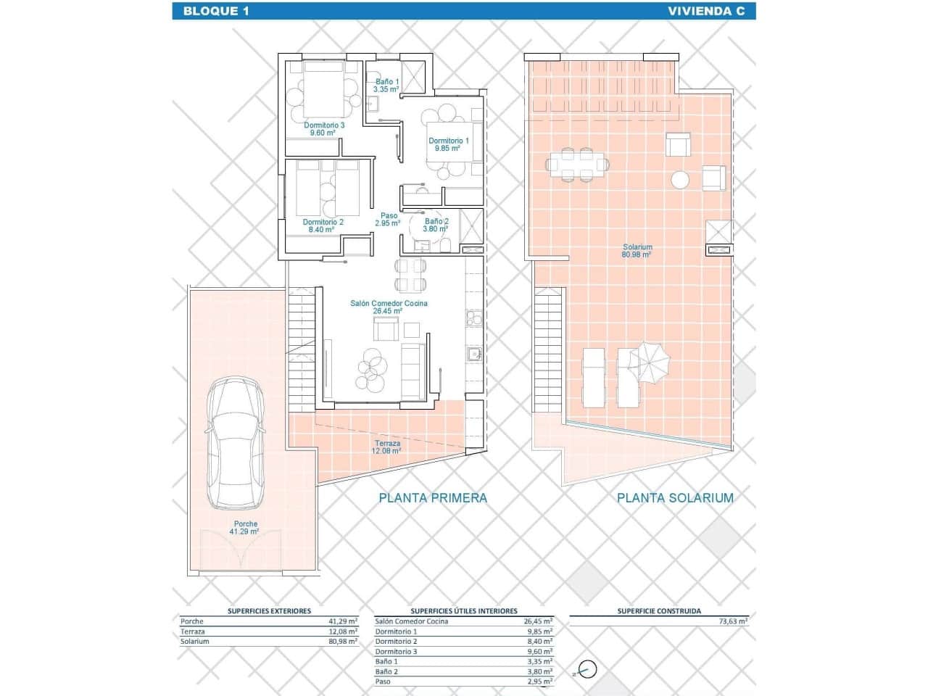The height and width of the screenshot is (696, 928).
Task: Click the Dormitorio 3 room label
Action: [324, 128]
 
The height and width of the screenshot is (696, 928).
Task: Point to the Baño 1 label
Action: [386, 86]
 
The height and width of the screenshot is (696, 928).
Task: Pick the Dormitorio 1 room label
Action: [448, 144]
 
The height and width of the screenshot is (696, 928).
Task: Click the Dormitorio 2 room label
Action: [323, 225]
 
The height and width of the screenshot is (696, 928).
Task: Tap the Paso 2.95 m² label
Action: [389, 219]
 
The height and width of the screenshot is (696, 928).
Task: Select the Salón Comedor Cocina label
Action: [389, 307]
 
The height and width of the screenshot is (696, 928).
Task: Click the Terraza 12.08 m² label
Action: [387, 447]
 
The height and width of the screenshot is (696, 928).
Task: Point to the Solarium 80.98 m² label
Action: [637, 251]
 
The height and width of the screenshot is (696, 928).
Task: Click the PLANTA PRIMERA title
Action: [433, 497]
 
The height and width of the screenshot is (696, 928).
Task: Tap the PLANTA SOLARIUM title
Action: [675, 497]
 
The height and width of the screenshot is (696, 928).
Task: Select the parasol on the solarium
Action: [650, 360]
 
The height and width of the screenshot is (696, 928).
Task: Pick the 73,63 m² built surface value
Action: [732, 621]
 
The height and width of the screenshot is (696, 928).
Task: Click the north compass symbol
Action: [587, 669]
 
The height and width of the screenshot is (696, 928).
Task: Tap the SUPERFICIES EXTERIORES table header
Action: [269, 611]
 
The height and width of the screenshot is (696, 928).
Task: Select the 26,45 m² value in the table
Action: [537, 621]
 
